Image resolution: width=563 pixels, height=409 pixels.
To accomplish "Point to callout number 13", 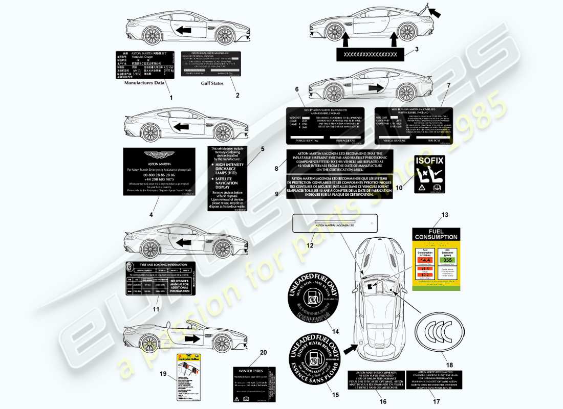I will click(x=430, y=215).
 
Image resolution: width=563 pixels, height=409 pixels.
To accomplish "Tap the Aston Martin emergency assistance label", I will click(x=159, y=171).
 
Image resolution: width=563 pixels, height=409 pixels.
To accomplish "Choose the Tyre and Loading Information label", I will click(x=160, y=278).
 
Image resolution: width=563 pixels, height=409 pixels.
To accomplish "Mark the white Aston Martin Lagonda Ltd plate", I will click(x=335, y=223).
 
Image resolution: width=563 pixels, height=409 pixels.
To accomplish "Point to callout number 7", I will click(x=449, y=84).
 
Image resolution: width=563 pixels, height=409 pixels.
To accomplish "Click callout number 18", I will click(x=450, y=365).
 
